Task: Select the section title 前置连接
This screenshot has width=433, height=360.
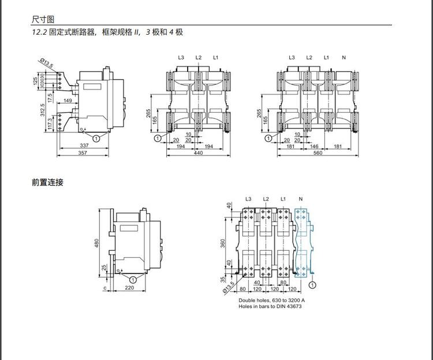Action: [x=47, y=182]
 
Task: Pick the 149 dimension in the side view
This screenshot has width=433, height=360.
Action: [x=68, y=101]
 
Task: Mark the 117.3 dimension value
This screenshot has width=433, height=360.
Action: [x=50, y=123]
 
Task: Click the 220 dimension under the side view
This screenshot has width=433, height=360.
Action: [x=129, y=287]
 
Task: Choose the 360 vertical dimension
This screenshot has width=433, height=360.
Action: [x=223, y=243]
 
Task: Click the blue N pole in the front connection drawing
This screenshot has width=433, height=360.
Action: [x=303, y=237]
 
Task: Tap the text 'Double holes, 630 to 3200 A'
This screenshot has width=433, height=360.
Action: [x=272, y=300]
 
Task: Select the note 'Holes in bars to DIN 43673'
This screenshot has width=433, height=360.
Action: [x=270, y=306]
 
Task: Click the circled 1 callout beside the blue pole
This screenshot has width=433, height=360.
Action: [x=312, y=285]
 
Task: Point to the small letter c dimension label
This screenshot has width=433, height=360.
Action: [x=105, y=287]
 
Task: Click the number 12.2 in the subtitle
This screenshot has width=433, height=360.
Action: [x=39, y=32]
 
